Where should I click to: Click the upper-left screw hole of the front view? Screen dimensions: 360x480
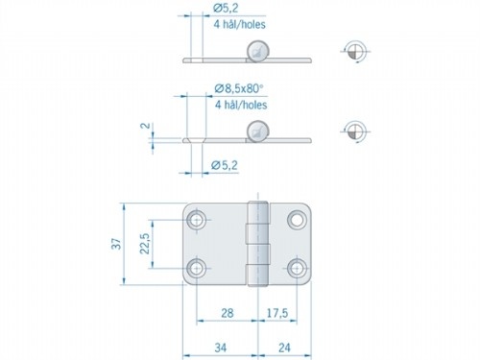pos(197,221)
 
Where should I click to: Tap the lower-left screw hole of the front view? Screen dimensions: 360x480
pos(197,269)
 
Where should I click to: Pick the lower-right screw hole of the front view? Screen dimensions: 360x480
pos(297,269)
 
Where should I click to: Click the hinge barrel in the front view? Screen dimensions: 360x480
pos(256,245)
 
